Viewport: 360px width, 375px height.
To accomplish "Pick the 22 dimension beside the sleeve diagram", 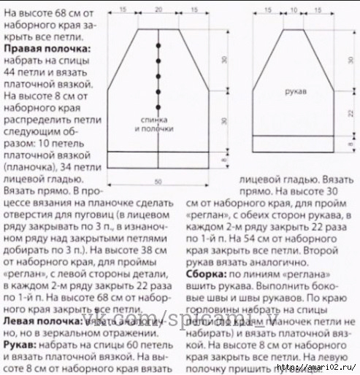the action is (350, 113).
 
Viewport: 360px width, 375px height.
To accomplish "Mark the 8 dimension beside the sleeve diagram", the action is (350, 144).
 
